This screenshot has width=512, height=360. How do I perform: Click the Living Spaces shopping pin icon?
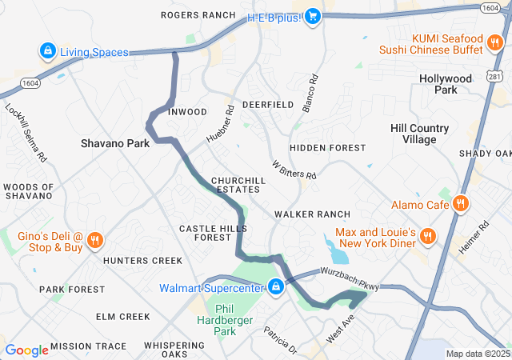(48, 52)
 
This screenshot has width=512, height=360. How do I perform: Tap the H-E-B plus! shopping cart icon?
(313, 15)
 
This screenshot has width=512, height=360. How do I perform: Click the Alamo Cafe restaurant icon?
(460, 204)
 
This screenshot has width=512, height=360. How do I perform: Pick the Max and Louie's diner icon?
(428, 236)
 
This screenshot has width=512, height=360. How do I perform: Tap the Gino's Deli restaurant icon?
(94, 239)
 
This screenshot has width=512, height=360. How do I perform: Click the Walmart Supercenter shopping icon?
(276, 286)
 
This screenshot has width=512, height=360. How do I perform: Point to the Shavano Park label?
(115, 144)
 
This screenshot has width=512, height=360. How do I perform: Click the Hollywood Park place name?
(446, 85)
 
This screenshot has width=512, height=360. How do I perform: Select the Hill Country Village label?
(419, 134)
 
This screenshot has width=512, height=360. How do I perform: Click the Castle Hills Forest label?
(205, 233)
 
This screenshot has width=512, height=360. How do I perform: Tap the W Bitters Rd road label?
(294, 170)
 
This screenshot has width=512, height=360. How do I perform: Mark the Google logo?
(27, 350)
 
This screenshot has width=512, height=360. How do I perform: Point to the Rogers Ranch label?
(198, 15)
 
